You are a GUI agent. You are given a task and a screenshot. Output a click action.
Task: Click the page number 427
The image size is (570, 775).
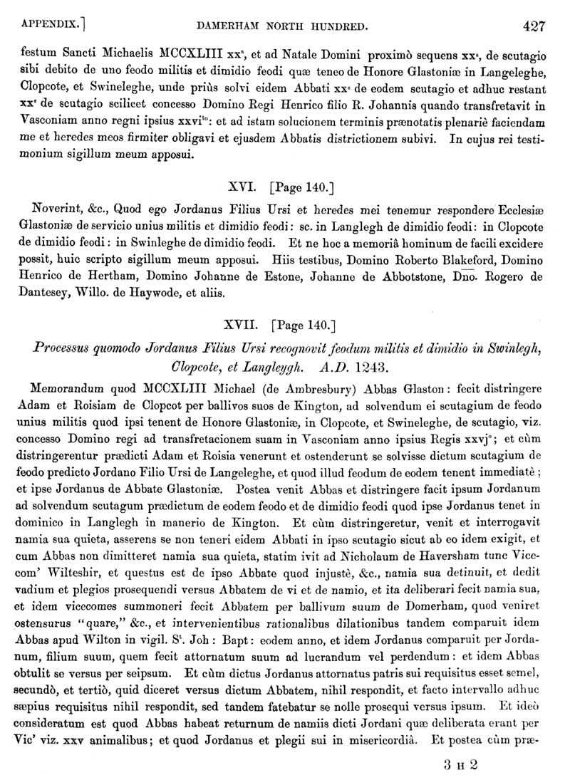(534, 27)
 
